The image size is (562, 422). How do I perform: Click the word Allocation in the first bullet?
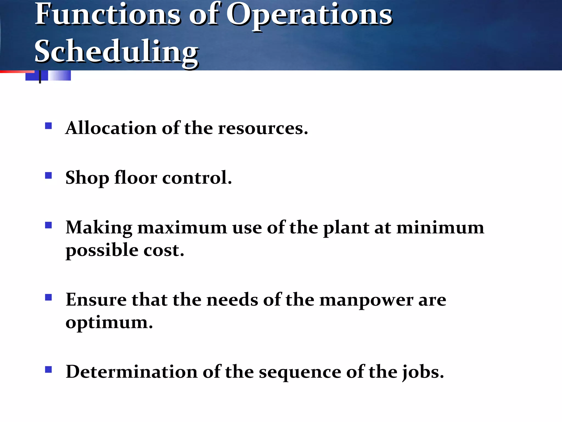(111, 128)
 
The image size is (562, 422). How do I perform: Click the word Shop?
(87, 178)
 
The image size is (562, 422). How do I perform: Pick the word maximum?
(182, 228)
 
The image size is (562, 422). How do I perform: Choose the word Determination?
(132, 372)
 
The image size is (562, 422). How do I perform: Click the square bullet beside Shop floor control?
(49, 175)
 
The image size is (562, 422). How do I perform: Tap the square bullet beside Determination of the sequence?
(49, 370)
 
